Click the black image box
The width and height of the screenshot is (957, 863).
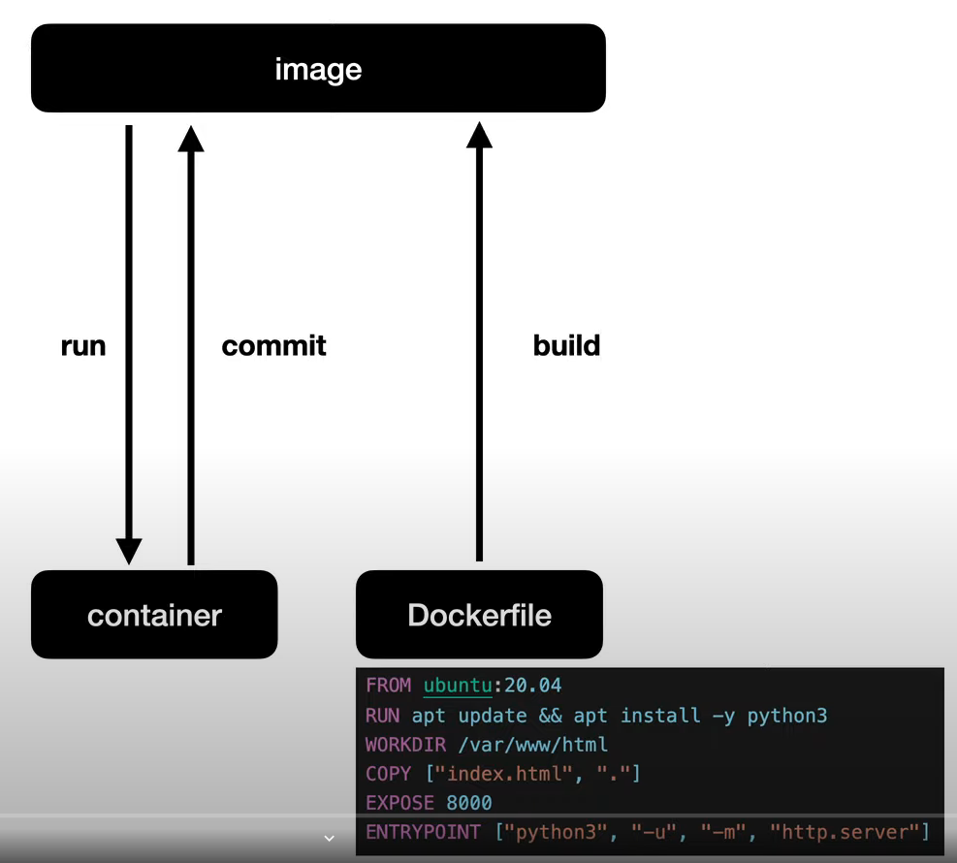318,69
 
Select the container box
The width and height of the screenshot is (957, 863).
154,615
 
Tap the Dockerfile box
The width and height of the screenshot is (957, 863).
479,615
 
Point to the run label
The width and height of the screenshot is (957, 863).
82,346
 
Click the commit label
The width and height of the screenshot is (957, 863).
273,346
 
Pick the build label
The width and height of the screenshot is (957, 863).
566,346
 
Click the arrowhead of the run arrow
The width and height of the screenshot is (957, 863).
129,551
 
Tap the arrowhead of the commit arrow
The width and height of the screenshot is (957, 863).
191,138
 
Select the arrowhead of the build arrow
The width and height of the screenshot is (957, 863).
479,135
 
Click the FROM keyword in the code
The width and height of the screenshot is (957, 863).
388,686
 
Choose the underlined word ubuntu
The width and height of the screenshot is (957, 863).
459,686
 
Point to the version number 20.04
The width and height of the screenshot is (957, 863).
532,686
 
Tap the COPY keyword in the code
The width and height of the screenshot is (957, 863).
388,774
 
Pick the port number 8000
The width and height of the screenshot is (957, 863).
469,803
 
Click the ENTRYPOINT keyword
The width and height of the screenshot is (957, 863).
423,832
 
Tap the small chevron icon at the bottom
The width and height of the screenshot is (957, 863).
329,838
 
